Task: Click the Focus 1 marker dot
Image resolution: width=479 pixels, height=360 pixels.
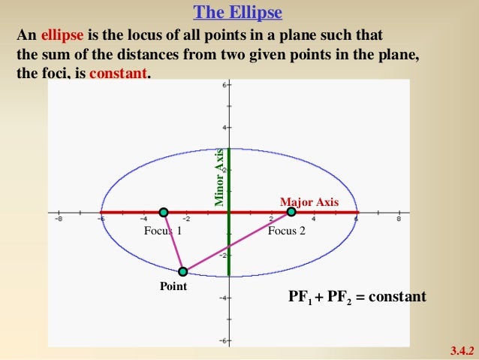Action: coord(164,212)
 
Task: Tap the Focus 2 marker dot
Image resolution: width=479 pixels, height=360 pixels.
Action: coord(291,212)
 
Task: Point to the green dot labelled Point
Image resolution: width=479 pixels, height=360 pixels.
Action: coord(182,271)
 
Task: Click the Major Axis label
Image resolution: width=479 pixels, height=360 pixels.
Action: coord(309,202)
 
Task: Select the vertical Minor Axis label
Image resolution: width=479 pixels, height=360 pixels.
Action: coord(219,177)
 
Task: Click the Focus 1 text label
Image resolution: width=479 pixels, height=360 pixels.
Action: coord(163,231)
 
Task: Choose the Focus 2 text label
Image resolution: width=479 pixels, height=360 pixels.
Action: coord(287,231)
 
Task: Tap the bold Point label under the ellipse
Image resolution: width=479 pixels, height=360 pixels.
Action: coord(173,286)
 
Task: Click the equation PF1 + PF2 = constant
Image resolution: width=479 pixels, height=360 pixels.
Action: coord(357,297)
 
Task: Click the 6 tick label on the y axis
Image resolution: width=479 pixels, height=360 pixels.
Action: coord(223,86)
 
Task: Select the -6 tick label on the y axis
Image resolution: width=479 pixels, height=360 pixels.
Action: coord(221,340)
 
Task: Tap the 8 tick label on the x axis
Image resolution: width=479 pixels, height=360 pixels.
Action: coord(399,220)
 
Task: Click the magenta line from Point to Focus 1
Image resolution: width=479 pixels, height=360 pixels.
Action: coord(173,243)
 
